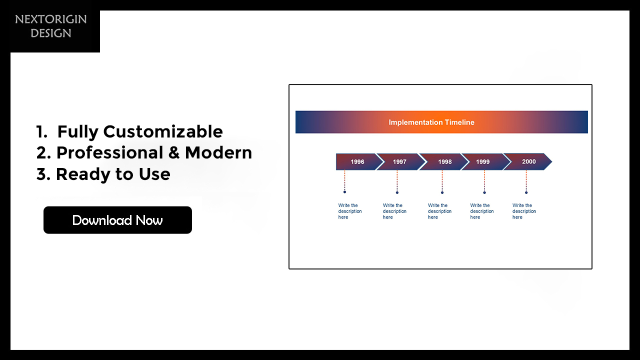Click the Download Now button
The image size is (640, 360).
117,220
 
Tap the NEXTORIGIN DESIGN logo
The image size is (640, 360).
51,26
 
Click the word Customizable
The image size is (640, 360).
163,131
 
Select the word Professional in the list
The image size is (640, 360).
109,152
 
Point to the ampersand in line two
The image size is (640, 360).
173,152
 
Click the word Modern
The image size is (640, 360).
218,152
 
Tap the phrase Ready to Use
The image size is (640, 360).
113,174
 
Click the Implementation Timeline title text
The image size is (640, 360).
431,122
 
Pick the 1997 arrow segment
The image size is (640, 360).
401,161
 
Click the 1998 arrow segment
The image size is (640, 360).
443,161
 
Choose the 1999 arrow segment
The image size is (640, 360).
485,161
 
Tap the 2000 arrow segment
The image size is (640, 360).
527,161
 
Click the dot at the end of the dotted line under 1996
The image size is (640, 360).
344,192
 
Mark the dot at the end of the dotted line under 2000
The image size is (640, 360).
526,192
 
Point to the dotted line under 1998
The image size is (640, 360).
442,181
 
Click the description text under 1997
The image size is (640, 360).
394,211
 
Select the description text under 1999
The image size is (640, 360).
482,211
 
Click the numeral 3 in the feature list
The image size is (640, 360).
41,174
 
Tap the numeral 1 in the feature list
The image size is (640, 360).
39,131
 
